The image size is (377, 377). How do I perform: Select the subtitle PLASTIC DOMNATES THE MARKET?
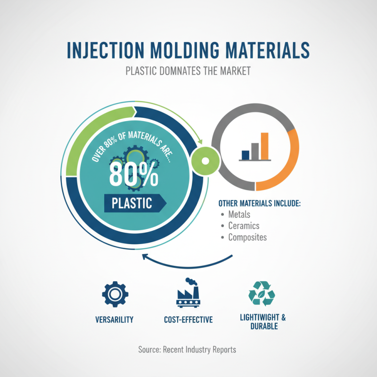point(188,72)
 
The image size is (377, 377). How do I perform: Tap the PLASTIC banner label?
point(132,203)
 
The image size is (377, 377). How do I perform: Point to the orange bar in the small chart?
point(264,146)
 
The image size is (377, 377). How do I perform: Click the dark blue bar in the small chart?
point(245,155)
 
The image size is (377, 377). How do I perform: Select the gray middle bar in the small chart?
point(254,151)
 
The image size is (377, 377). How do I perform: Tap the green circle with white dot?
point(205,161)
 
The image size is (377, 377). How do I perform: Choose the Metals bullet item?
point(239,214)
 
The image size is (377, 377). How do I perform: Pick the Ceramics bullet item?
point(244,226)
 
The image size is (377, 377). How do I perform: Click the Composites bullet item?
point(247,237)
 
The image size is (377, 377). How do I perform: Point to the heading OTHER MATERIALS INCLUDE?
point(259,204)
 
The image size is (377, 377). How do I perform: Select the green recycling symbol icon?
point(262,293)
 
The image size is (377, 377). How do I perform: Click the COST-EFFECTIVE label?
point(188,320)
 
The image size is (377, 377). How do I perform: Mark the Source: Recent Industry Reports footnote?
point(187,350)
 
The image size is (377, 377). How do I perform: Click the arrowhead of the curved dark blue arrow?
point(145,257)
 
